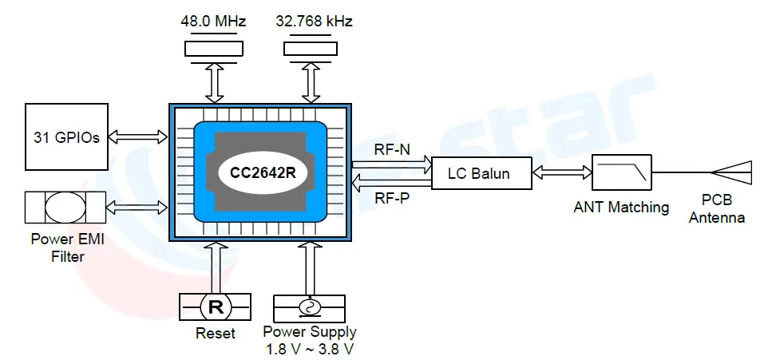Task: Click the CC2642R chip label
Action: click(262, 171)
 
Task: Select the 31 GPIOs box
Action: click(65, 137)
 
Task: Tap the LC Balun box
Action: click(481, 173)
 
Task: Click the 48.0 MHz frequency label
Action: click(214, 22)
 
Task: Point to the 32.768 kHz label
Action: click(313, 22)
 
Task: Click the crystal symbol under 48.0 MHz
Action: click(214, 49)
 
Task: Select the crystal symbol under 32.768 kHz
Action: click(313, 49)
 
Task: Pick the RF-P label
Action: click(392, 198)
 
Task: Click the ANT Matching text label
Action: click(621, 208)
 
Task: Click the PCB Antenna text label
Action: click(717, 209)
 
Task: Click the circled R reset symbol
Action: click(215, 306)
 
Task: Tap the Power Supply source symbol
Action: click(310, 307)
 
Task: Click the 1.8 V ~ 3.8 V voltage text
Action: click(310, 348)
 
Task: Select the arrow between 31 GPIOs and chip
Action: click(137, 137)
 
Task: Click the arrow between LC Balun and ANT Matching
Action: click(562, 172)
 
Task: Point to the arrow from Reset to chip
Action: click(215, 267)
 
